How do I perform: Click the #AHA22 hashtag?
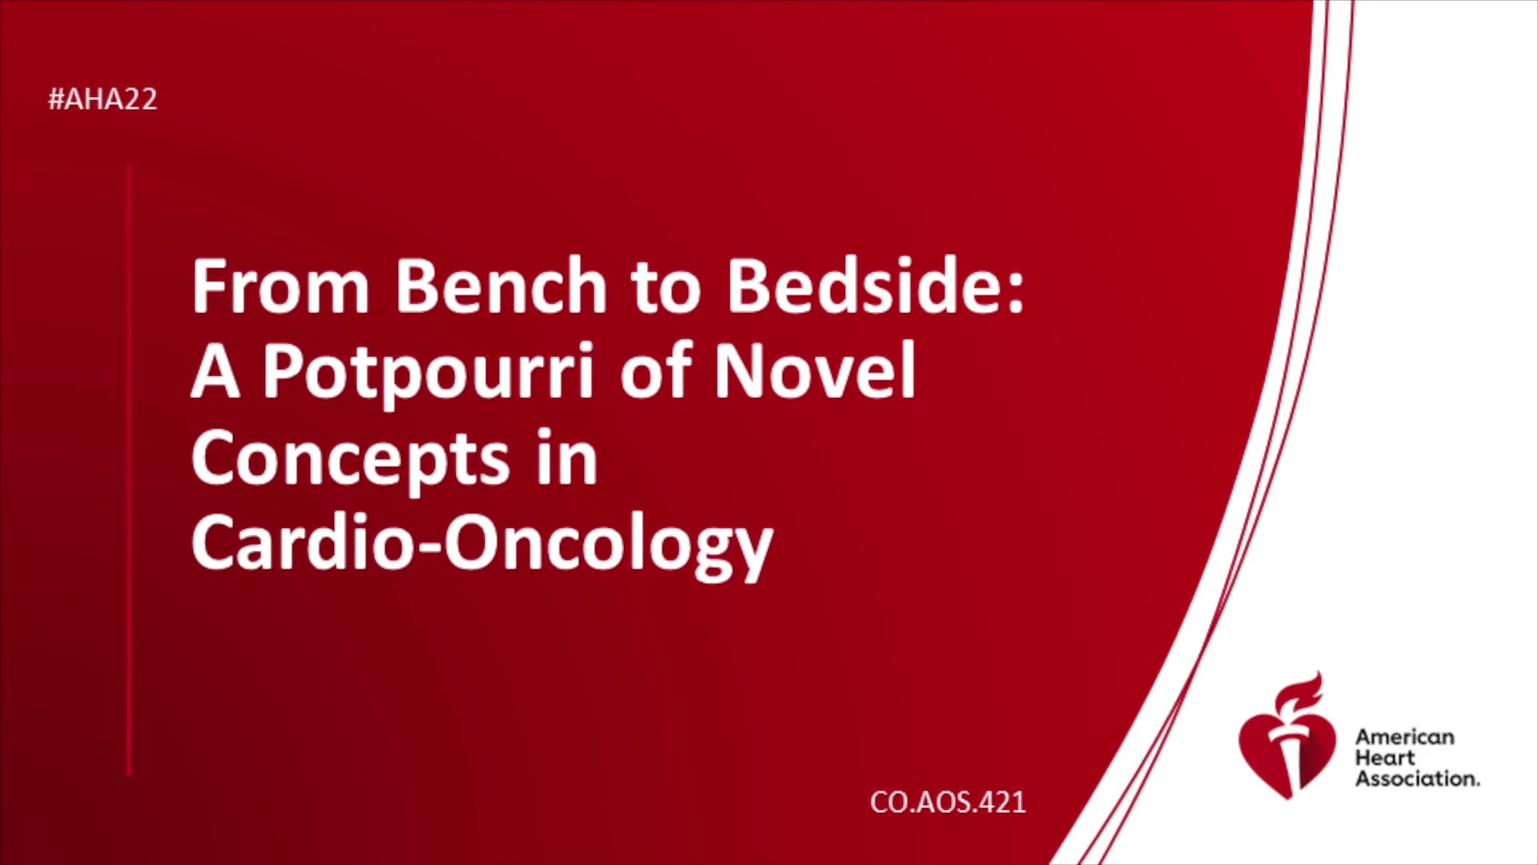(x=103, y=99)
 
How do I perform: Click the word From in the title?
(x=280, y=286)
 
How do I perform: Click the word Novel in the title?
(x=815, y=370)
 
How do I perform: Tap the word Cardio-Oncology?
(x=482, y=544)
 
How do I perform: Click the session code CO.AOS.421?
(x=948, y=803)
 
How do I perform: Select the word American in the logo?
(x=1404, y=737)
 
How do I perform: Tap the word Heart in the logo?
(x=1385, y=758)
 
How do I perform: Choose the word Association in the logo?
(x=1417, y=778)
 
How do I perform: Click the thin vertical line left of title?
(x=129, y=469)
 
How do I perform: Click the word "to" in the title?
(x=666, y=288)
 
